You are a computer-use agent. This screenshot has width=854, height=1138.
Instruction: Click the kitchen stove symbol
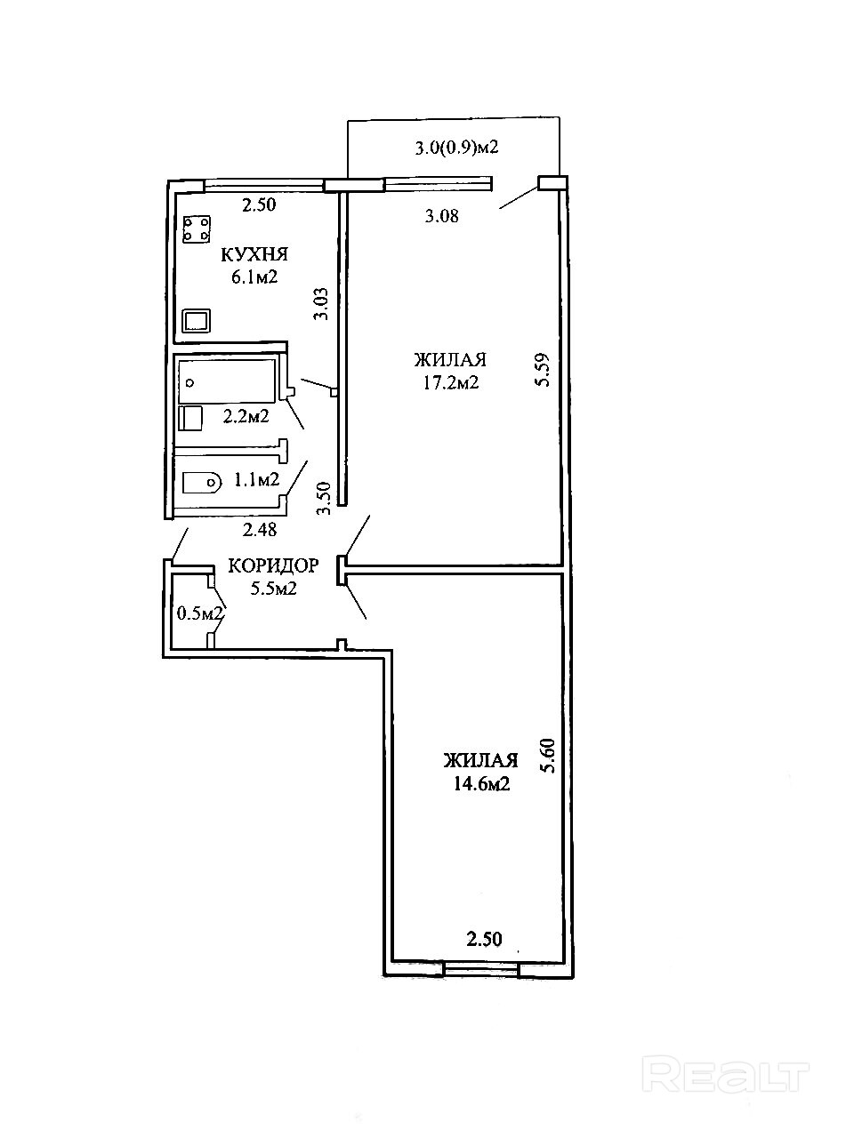coord(197,229)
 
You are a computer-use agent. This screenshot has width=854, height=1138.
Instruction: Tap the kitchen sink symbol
coord(197,320)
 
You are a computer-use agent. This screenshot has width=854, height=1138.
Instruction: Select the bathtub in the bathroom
coord(227,381)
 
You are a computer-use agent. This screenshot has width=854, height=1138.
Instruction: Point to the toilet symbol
coord(202,482)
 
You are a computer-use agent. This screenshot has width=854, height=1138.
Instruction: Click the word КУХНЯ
coord(254,254)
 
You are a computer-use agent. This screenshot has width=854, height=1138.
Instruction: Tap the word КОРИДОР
coord(273,565)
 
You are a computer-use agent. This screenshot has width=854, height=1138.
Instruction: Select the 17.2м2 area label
coord(451,383)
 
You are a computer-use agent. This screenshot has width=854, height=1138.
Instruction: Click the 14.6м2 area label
coord(481,784)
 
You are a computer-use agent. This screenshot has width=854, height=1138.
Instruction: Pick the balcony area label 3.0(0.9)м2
coord(456,148)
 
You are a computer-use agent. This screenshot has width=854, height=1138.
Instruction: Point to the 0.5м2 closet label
coord(200,613)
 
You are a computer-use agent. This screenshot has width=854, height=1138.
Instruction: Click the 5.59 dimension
coord(543,370)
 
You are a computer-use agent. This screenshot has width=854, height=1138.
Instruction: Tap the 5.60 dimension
coord(548,756)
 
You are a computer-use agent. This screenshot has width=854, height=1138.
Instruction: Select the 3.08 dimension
coord(442,216)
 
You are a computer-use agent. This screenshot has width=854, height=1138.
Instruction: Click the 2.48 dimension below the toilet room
coord(260,529)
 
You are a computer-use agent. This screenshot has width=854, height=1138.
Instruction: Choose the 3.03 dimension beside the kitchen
coord(321,304)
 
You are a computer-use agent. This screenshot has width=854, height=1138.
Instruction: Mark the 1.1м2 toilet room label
coord(257,479)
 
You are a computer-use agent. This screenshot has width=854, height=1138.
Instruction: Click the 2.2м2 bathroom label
coord(246,416)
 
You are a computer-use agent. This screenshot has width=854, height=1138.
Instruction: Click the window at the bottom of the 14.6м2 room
coord(481,968)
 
